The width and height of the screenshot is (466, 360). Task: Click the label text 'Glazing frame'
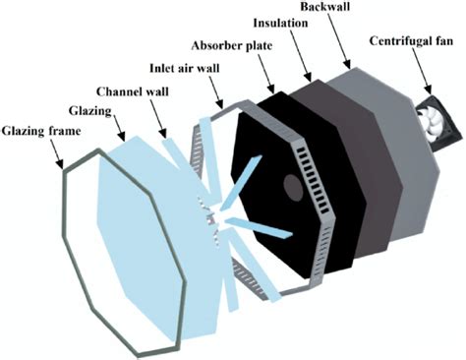[41, 130]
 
